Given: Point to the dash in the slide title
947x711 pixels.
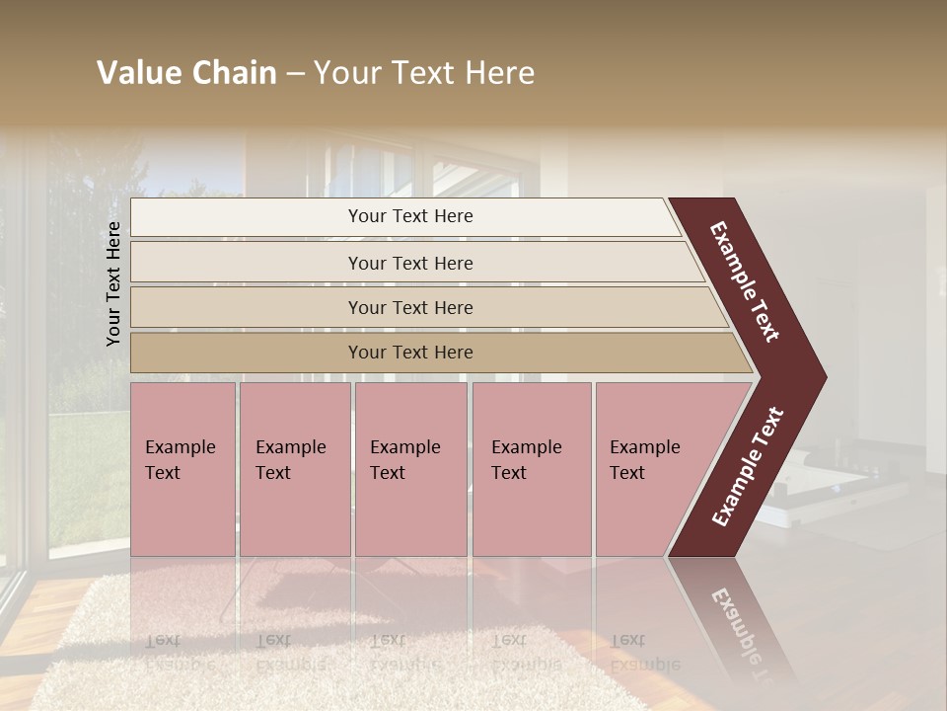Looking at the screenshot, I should pyautogui.click(x=295, y=74).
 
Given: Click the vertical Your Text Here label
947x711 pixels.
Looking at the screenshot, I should pyautogui.click(x=113, y=284).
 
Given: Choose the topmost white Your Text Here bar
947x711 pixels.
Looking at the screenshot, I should pyautogui.click(x=410, y=216).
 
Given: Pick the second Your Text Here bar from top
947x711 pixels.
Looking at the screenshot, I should pyautogui.click(x=410, y=263).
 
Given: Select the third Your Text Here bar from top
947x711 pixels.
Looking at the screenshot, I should pyautogui.click(x=410, y=307).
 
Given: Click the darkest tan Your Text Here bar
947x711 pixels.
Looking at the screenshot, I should pyautogui.click(x=410, y=353).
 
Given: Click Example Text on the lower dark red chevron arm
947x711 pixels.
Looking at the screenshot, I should pyautogui.click(x=748, y=467).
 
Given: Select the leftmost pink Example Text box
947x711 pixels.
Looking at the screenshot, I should pyautogui.click(x=182, y=469).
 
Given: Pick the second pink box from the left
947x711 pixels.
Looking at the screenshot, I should pyautogui.click(x=295, y=469).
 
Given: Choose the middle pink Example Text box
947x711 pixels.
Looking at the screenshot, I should pyautogui.click(x=410, y=469).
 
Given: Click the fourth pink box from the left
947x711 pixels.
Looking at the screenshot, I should pyautogui.click(x=532, y=469).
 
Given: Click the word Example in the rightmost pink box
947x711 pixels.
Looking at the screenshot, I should pyautogui.click(x=645, y=447).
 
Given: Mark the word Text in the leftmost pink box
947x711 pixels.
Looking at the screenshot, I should pyautogui.click(x=163, y=473).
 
